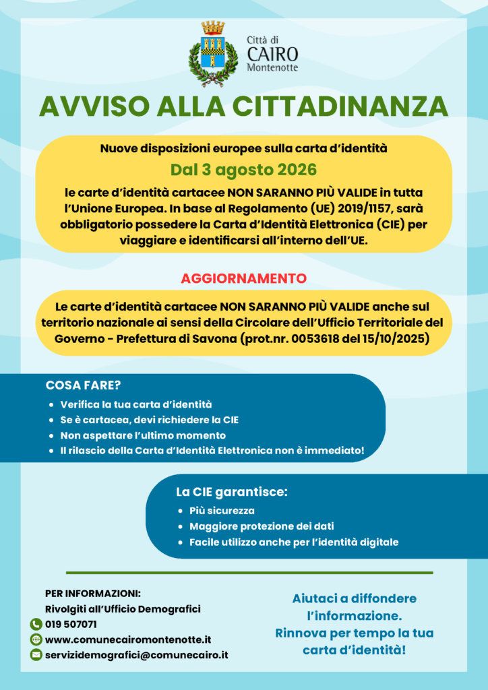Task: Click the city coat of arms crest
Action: click(x=213, y=53)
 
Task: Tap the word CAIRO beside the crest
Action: click(x=272, y=54)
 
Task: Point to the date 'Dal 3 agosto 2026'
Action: click(x=243, y=169)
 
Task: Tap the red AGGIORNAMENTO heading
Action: click(x=243, y=278)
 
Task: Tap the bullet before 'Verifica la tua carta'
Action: click(x=52, y=405)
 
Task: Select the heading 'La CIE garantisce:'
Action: click(x=232, y=492)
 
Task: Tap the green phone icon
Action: click(x=36, y=624)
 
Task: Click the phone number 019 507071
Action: click(x=71, y=624)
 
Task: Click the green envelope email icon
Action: click(x=36, y=655)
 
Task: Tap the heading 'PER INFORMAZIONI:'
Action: click(x=93, y=594)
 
